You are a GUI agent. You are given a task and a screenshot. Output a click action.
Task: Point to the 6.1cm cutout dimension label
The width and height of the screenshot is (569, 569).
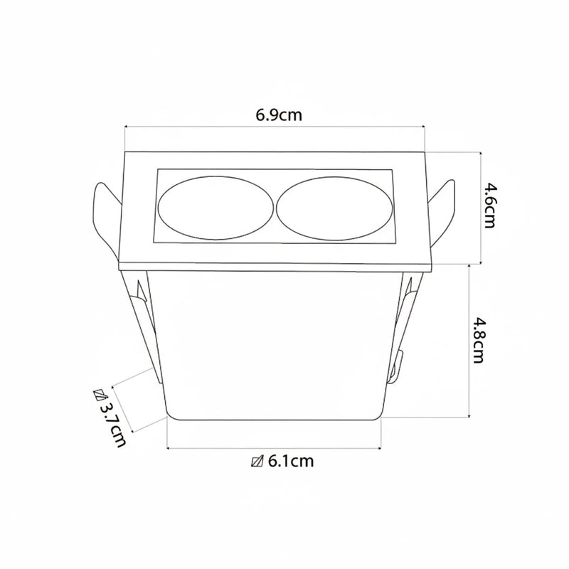290,461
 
